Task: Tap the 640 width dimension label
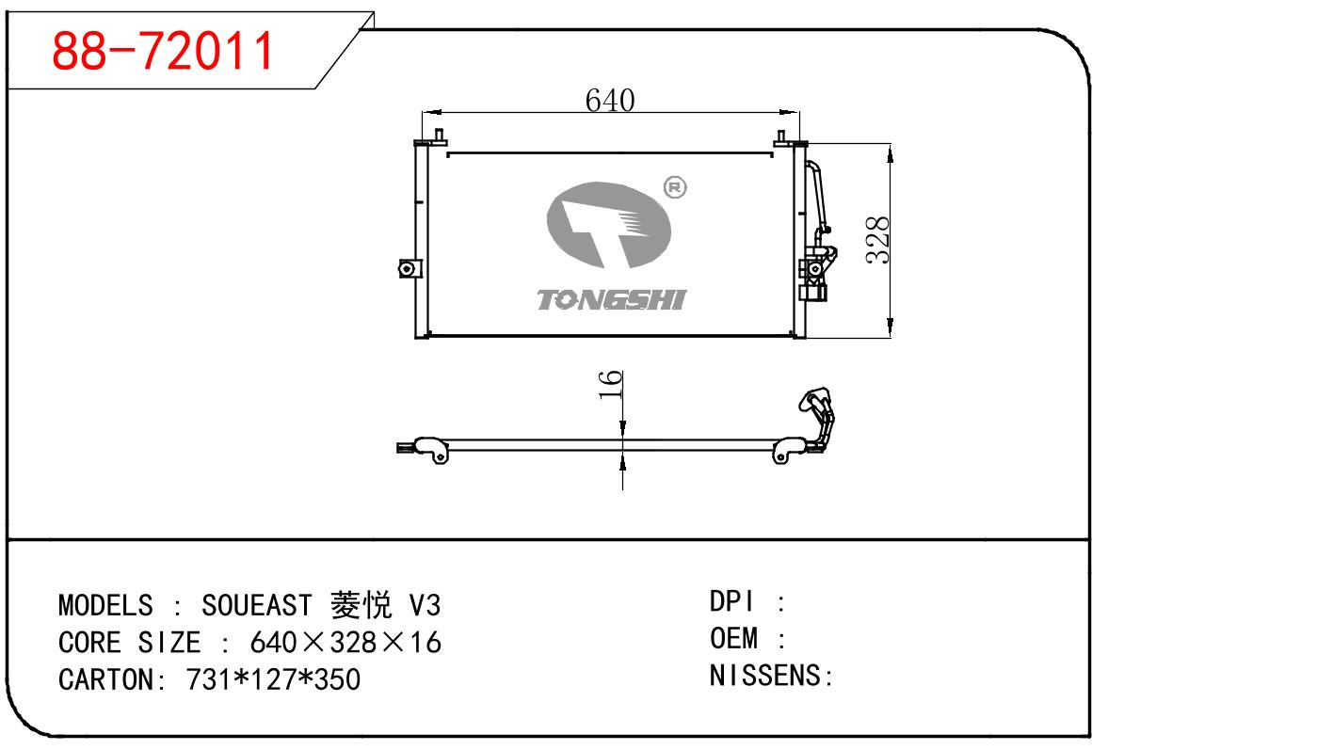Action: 610,99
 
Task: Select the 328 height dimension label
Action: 877,240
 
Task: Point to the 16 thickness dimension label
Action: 611,385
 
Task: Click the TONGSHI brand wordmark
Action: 612,300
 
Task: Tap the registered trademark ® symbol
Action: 675,187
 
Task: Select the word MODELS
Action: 105,604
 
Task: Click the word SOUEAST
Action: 257,604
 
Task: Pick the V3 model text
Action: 423,604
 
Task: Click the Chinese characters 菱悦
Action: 361,604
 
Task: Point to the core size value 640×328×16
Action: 345,643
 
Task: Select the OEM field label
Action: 734,639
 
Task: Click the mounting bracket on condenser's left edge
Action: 405,268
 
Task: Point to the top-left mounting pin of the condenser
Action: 440,137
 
